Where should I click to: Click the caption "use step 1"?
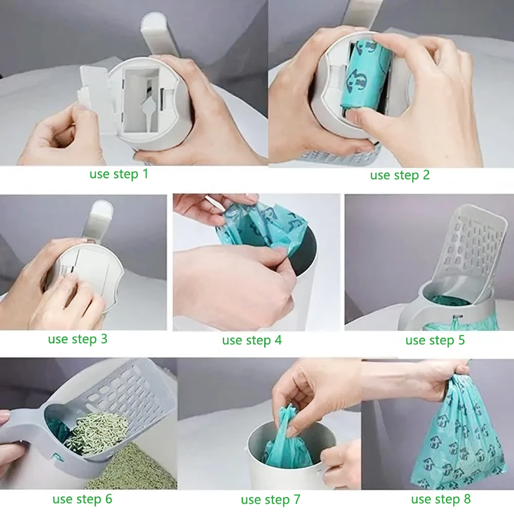click(119, 174)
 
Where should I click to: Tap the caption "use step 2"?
click(400, 175)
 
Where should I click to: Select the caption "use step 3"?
click(78, 339)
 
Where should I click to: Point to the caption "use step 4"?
click(252, 340)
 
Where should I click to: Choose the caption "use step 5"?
click(435, 340)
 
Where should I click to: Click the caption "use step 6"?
click(82, 499)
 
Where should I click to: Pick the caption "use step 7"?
click(270, 500)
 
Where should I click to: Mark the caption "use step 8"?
click(440, 499)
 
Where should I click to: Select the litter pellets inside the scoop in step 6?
click(98, 429)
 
